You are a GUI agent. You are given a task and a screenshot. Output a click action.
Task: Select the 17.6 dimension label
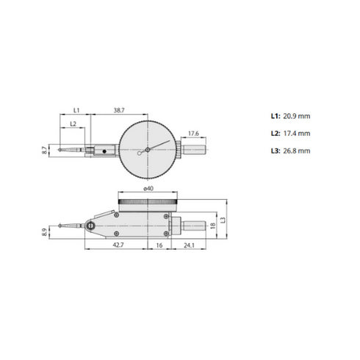193,133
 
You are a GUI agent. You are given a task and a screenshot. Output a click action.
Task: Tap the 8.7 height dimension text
46,149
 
